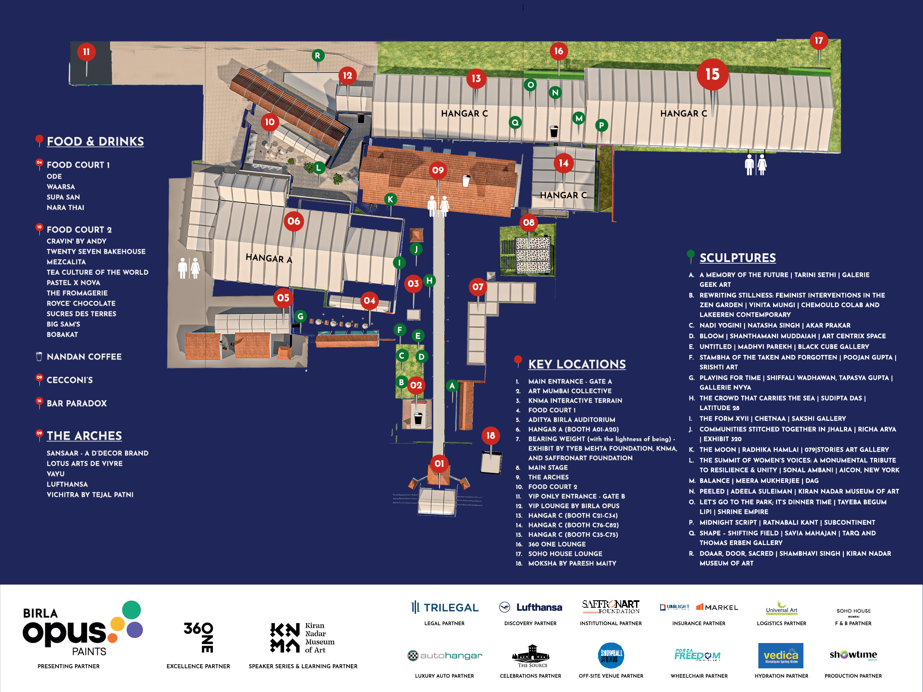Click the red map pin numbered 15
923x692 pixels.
click(x=712, y=75)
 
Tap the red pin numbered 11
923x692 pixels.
click(x=86, y=52)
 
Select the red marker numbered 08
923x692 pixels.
click(x=529, y=223)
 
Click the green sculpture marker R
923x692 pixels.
click(x=318, y=56)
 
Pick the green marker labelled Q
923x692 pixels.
click(x=515, y=122)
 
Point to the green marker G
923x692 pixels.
click(x=301, y=316)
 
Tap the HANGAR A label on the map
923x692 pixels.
click(x=269, y=258)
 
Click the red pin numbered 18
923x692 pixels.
click(x=491, y=435)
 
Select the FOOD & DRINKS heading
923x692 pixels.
click(x=95, y=142)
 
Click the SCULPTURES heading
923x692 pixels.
click(x=737, y=258)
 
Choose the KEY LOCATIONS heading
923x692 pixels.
click(x=577, y=364)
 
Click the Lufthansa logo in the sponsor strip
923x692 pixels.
click(x=530, y=607)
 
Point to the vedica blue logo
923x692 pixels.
click(x=780, y=655)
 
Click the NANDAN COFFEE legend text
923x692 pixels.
click(x=84, y=357)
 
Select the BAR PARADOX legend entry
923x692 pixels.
click(x=77, y=403)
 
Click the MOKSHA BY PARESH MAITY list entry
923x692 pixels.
click(x=572, y=563)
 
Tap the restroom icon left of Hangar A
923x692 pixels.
click(x=189, y=268)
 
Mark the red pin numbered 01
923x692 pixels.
click(x=439, y=463)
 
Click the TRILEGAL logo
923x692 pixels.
click(x=444, y=607)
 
